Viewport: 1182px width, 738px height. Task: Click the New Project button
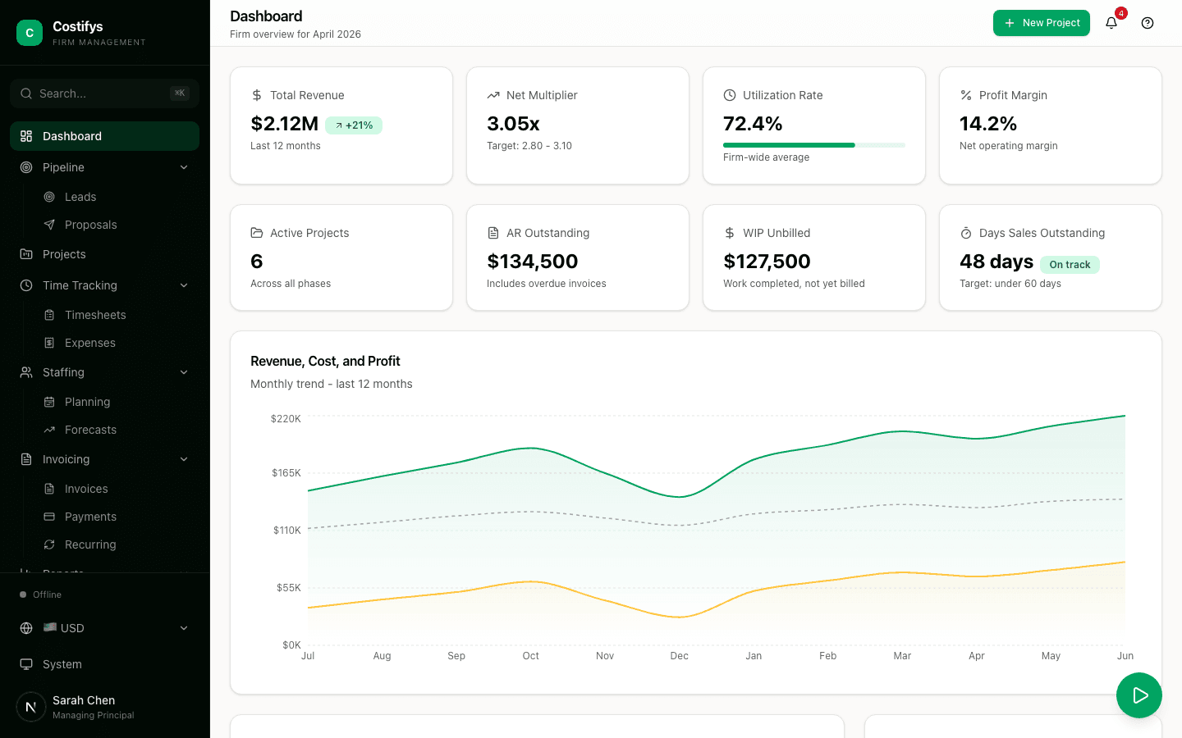[x=1041, y=23]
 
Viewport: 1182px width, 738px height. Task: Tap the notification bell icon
[x=1111, y=23]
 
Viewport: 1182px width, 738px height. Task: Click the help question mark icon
[x=1148, y=23]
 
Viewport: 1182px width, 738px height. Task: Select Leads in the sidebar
[x=80, y=197]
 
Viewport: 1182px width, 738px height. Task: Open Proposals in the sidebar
[x=90, y=225]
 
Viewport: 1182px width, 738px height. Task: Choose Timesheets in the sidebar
[x=95, y=315]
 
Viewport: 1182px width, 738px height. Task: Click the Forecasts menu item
[x=90, y=430]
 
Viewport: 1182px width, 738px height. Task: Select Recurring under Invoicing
[x=90, y=544]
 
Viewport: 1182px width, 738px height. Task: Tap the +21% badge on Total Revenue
[x=354, y=125]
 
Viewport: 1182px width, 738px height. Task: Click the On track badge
[x=1070, y=265]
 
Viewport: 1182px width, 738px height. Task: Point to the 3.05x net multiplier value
[x=513, y=124]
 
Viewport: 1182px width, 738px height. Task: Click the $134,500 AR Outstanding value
[x=532, y=262]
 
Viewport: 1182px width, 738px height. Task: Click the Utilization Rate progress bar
[x=813, y=145]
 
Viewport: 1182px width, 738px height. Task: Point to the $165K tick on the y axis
[x=286, y=473]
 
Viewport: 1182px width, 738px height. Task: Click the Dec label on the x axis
[x=679, y=656]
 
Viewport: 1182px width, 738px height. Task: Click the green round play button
[x=1138, y=695]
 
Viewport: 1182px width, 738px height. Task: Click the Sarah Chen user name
[x=84, y=700]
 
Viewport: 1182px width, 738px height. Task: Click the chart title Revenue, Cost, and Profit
[x=325, y=362]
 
